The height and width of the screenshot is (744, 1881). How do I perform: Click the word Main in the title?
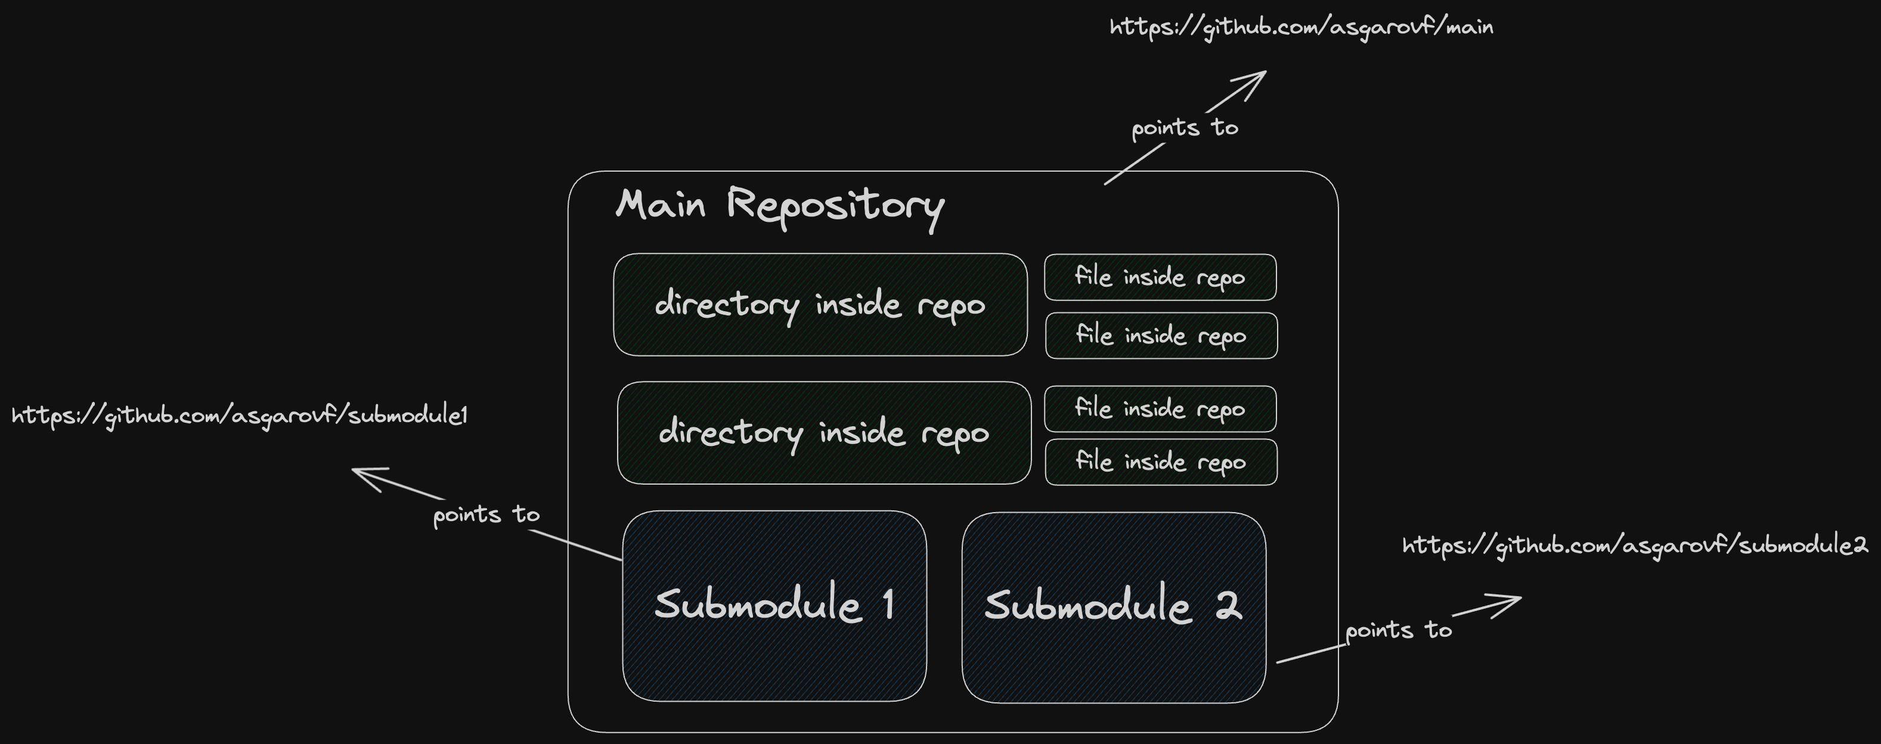[660, 204]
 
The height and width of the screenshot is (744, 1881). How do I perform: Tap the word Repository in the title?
[835, 206]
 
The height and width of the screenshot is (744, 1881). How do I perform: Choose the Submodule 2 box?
[1113, 657]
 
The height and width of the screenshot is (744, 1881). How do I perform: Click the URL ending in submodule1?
[240, 416]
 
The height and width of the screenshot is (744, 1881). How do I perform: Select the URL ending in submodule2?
[1634, 545]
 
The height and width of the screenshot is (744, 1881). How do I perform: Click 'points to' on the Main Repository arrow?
[1185, 128]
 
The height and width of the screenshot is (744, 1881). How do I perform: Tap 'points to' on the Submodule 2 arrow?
[1398, 630]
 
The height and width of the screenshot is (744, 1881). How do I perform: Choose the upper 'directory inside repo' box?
[820, 305]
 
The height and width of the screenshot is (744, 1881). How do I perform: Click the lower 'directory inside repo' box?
[824, 432]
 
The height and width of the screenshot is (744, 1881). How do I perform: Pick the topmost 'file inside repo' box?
[1160, 277]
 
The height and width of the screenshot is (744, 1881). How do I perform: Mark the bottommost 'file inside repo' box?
[1160, 462]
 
